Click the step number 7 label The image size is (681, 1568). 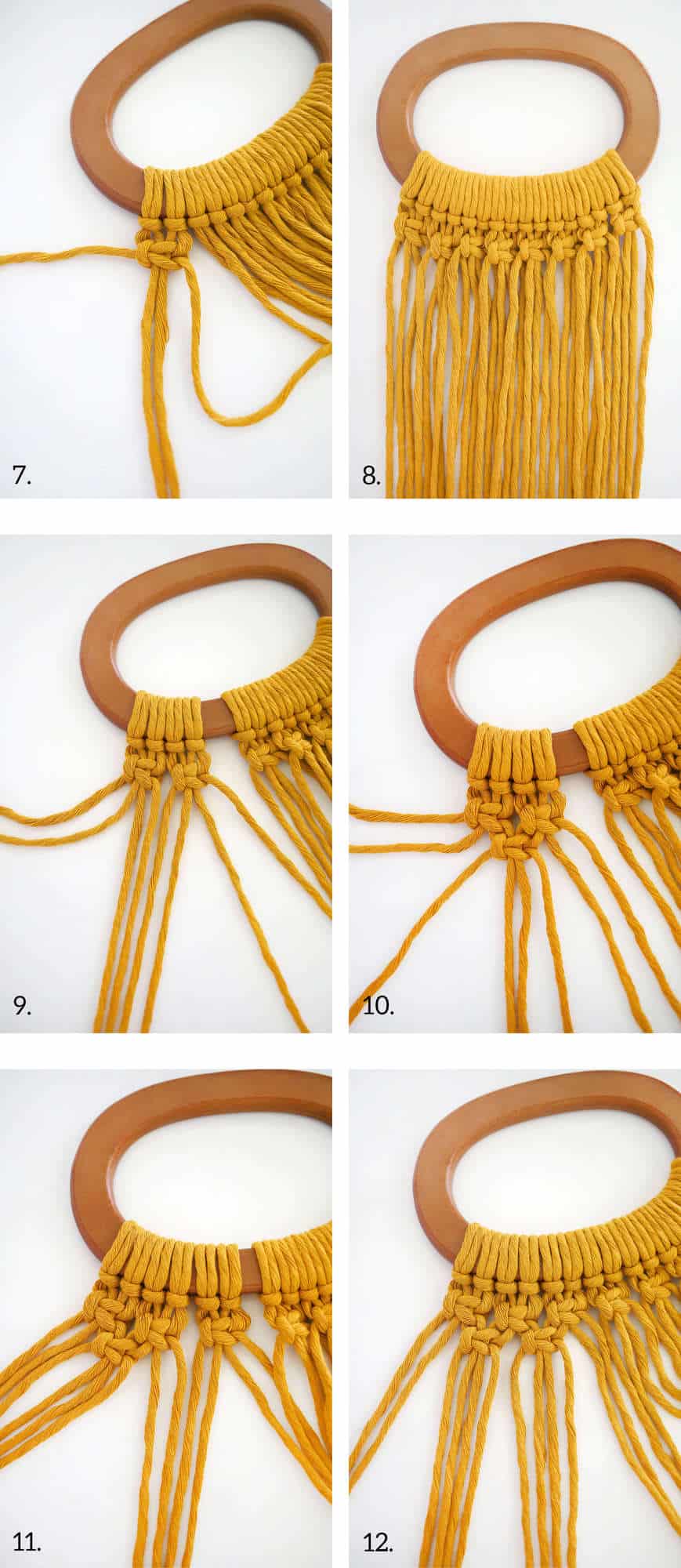(22, 475)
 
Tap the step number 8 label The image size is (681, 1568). (371, 475)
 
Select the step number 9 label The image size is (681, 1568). (22, 1006)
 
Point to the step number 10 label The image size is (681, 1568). (378, 1006)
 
